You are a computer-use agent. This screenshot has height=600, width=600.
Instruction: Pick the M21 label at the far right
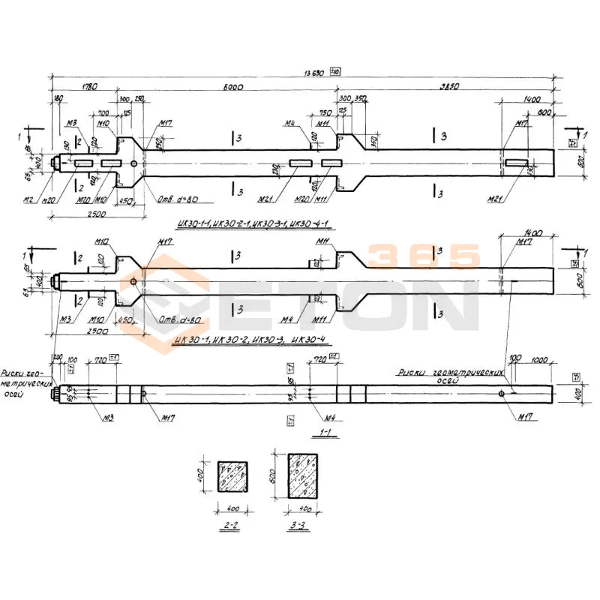click(x=493, y=199)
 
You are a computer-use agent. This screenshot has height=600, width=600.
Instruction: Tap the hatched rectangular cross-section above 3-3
click(x=303, y=476)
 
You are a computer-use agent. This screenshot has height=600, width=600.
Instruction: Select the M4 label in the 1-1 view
click(x=327, y=417)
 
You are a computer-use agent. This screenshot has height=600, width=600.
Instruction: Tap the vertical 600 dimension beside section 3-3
click(x=274, y=475)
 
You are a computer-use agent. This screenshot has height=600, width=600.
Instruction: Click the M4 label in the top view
click(x=290, y=123)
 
